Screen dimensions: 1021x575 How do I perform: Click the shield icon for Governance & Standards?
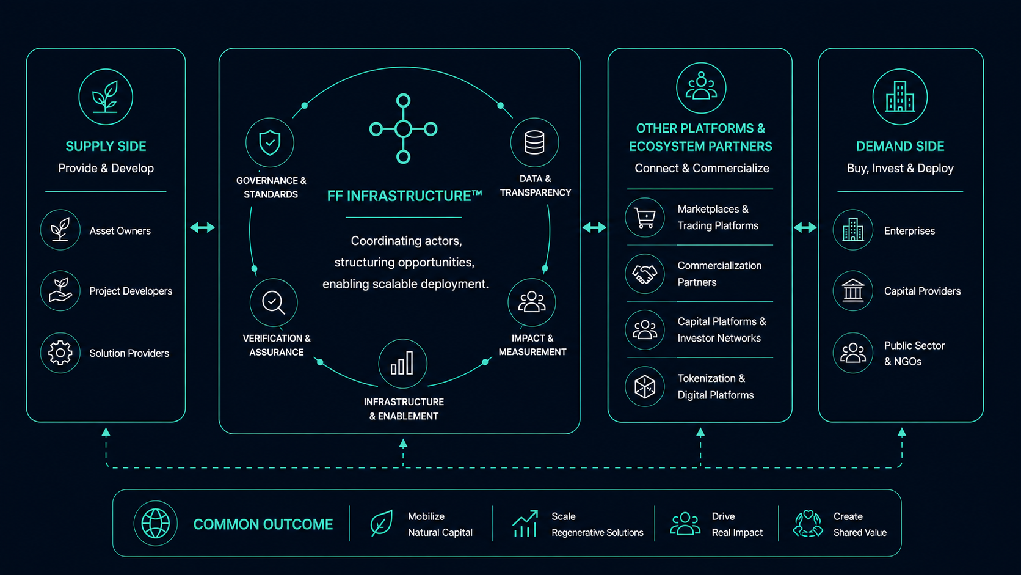coord(270,143)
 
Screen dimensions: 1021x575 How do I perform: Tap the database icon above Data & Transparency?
coord(535,142)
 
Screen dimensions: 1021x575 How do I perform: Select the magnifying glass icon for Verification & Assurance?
coord(274,302)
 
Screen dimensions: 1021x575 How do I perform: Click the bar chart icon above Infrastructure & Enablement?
coord(402,364)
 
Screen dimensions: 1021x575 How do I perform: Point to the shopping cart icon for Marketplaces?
coord(645,218)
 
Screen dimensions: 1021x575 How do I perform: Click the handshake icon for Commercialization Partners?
coord(644,274)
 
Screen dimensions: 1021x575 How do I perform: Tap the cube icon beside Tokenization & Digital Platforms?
coord(644,387)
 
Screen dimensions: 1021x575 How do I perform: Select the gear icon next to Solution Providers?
coord(60,353)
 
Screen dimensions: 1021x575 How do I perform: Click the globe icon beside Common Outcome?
coord(156,524)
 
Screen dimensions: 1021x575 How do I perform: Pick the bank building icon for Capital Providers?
coord(853,290)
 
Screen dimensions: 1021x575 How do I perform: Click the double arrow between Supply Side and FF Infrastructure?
coord(202,227)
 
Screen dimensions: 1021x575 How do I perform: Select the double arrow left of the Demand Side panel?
coord(805,227)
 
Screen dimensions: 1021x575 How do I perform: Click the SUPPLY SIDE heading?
coord(106,147)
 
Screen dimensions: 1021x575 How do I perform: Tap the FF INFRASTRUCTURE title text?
coord(405,196)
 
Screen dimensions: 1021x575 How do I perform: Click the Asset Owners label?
coord(120,231)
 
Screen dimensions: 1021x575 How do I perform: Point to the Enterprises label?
coord(909,231)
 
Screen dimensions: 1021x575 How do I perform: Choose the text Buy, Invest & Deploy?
coord(900,168)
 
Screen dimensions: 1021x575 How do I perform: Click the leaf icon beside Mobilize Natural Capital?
coord(382,523)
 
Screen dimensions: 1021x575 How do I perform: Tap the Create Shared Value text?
coord(860,524)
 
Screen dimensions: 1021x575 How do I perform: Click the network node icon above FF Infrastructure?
coord(404,129)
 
